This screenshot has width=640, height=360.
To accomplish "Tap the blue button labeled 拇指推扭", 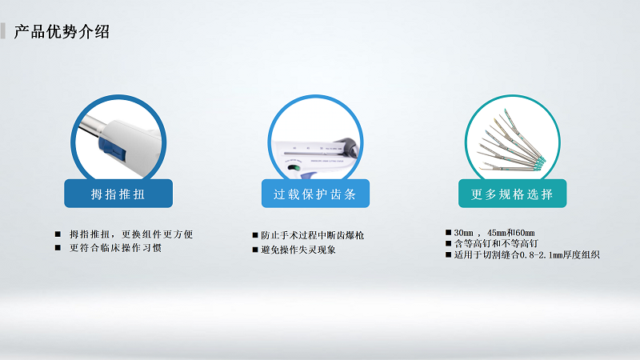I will point(118,194).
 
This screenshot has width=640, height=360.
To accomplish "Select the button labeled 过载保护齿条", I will point(315,194).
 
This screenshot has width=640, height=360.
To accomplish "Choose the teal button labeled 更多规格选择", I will point(512,194).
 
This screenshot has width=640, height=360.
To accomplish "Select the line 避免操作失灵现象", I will point(298,250).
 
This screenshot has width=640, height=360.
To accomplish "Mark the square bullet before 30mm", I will point(449,232).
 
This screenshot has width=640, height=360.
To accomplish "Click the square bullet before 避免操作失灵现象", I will point(255,250).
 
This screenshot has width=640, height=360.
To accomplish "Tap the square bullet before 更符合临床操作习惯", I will point(58,247).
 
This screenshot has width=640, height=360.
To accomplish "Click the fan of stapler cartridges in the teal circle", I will point(512,144).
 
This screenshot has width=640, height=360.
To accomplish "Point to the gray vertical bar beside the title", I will point(3,31).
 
